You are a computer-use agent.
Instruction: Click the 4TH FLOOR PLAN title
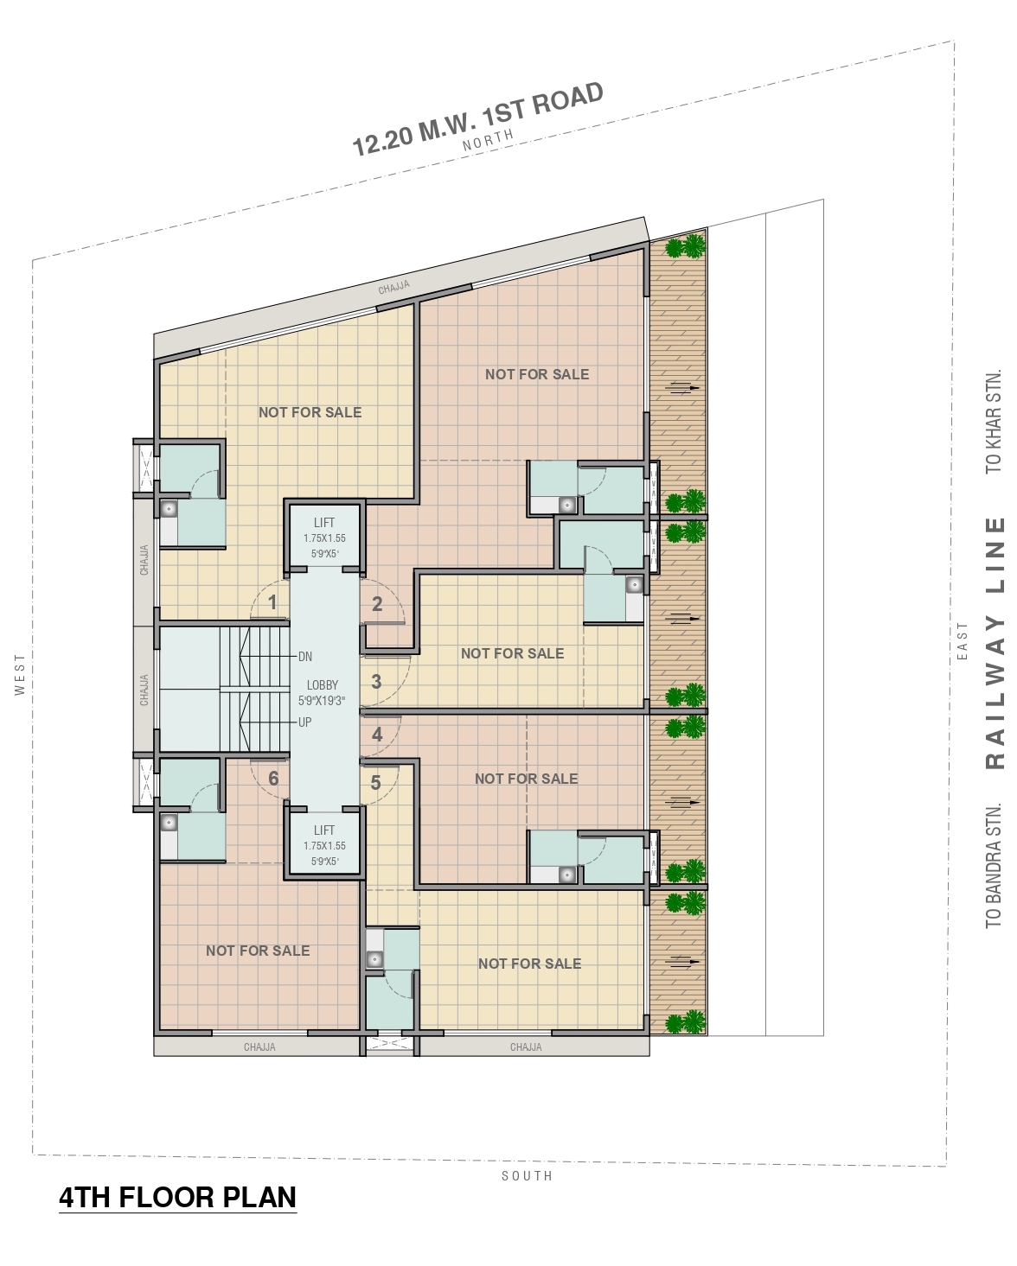coord(178,1198)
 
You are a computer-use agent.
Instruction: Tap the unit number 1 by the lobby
coord(272,602)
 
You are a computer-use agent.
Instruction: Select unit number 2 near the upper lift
coord(377,603)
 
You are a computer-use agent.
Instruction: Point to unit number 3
coord(376,682)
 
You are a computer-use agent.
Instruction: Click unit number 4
coord(377,735)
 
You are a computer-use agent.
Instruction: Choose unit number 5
coord(375,782)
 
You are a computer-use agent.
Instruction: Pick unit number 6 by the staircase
coord(273,779)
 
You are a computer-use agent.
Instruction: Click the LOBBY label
coord(322,684)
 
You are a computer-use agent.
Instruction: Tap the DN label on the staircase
coord(305,657)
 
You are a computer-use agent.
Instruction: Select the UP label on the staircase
coord(304,722)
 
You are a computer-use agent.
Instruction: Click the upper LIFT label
coord(324,523)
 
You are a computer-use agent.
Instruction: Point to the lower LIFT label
coord(324,830)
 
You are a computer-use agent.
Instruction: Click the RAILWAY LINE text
coord(995,643)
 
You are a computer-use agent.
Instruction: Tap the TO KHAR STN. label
coord(994,421)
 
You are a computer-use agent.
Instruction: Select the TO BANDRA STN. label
coord(994,865)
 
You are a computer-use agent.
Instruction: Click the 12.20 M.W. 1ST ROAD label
coord(478,119)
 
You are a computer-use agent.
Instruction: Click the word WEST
coord(21,674)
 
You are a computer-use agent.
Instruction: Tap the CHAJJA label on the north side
coord(394,288)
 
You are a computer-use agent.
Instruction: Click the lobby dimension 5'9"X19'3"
coord(322,700)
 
